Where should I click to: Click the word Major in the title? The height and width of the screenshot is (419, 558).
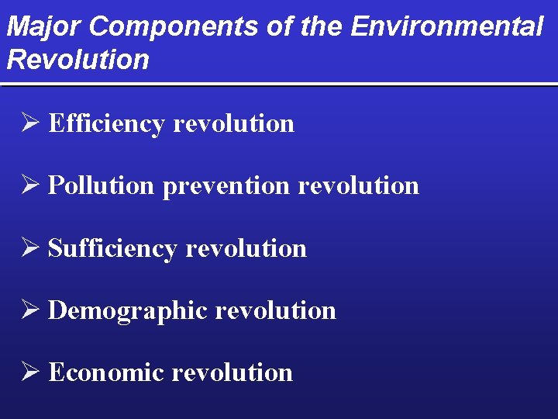pos(43,27)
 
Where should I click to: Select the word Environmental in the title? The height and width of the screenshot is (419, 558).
pos(447,27)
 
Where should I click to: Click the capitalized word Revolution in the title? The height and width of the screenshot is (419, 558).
pos(77,59)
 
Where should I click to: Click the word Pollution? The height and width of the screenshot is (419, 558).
pos(102,185)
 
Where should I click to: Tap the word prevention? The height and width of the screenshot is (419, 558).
pos(226,186)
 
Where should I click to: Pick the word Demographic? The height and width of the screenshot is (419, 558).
pos(128,310)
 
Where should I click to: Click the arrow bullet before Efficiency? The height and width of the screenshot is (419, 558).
pos(31,123)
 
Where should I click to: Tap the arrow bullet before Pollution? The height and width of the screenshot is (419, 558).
pos(31,185)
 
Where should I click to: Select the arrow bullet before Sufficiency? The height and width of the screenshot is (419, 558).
pos(31,248)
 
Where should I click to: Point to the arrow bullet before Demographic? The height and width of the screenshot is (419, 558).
pos(31,310)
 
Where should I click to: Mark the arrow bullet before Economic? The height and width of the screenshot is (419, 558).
pos(31,372)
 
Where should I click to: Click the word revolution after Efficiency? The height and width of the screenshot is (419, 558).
pos(233,123)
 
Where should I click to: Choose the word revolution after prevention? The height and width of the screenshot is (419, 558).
pos(358,185)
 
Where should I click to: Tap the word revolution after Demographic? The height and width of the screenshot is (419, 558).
pos(275,310)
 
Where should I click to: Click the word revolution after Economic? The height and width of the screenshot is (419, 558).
pos(232,372)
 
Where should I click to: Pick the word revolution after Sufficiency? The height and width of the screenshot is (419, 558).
pos(246,248)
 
